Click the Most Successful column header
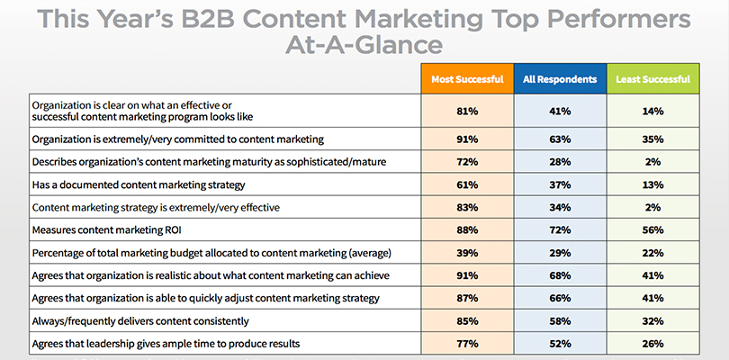466,79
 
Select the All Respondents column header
559,79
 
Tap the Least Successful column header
652,79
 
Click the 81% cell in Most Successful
466,111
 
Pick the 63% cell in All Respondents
559,139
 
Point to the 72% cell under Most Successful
466,162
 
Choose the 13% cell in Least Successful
652,184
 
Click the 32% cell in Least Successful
652,319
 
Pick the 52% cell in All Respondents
559,343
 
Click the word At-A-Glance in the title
364,45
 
